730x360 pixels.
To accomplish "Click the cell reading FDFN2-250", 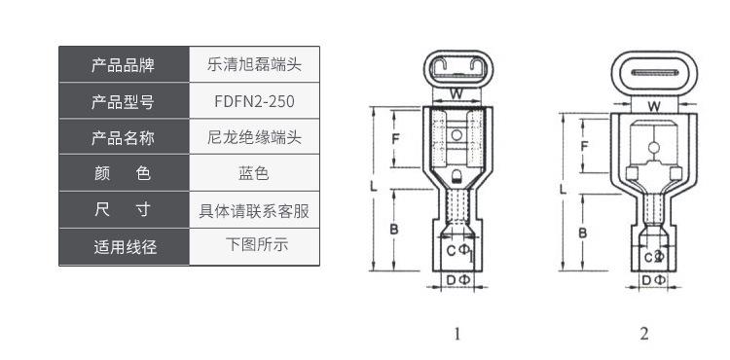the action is pos(254,101).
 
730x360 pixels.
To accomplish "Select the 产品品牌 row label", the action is pos(124,64).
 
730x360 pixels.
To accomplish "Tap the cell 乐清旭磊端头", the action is pos(254,64).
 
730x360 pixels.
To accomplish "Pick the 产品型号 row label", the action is pos(124,101).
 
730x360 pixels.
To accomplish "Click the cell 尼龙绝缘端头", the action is pos(254,137).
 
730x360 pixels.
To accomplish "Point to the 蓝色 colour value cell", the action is pos(254,173).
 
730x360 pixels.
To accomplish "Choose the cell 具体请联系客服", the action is pos(254,210).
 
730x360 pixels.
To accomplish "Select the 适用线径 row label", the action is pos(124,247).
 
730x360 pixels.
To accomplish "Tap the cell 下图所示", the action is pos(254,245).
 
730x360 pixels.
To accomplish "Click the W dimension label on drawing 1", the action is pos(456,94).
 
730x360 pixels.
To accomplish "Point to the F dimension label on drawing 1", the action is pos(395,138).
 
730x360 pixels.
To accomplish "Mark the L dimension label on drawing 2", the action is pos(563,190).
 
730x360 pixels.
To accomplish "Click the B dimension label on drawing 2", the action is pos(582,233).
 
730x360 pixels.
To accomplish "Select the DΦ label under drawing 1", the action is pos(458,280).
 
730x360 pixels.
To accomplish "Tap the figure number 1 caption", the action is pos(457,334).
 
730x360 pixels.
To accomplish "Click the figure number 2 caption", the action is pos(644,334).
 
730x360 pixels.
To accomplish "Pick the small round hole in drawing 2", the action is pos(654,148).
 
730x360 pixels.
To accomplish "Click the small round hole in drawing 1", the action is pos(456,135).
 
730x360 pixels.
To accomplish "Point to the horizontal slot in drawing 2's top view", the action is pos(654,73).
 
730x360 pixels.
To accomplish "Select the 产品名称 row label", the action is pos(124,137).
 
